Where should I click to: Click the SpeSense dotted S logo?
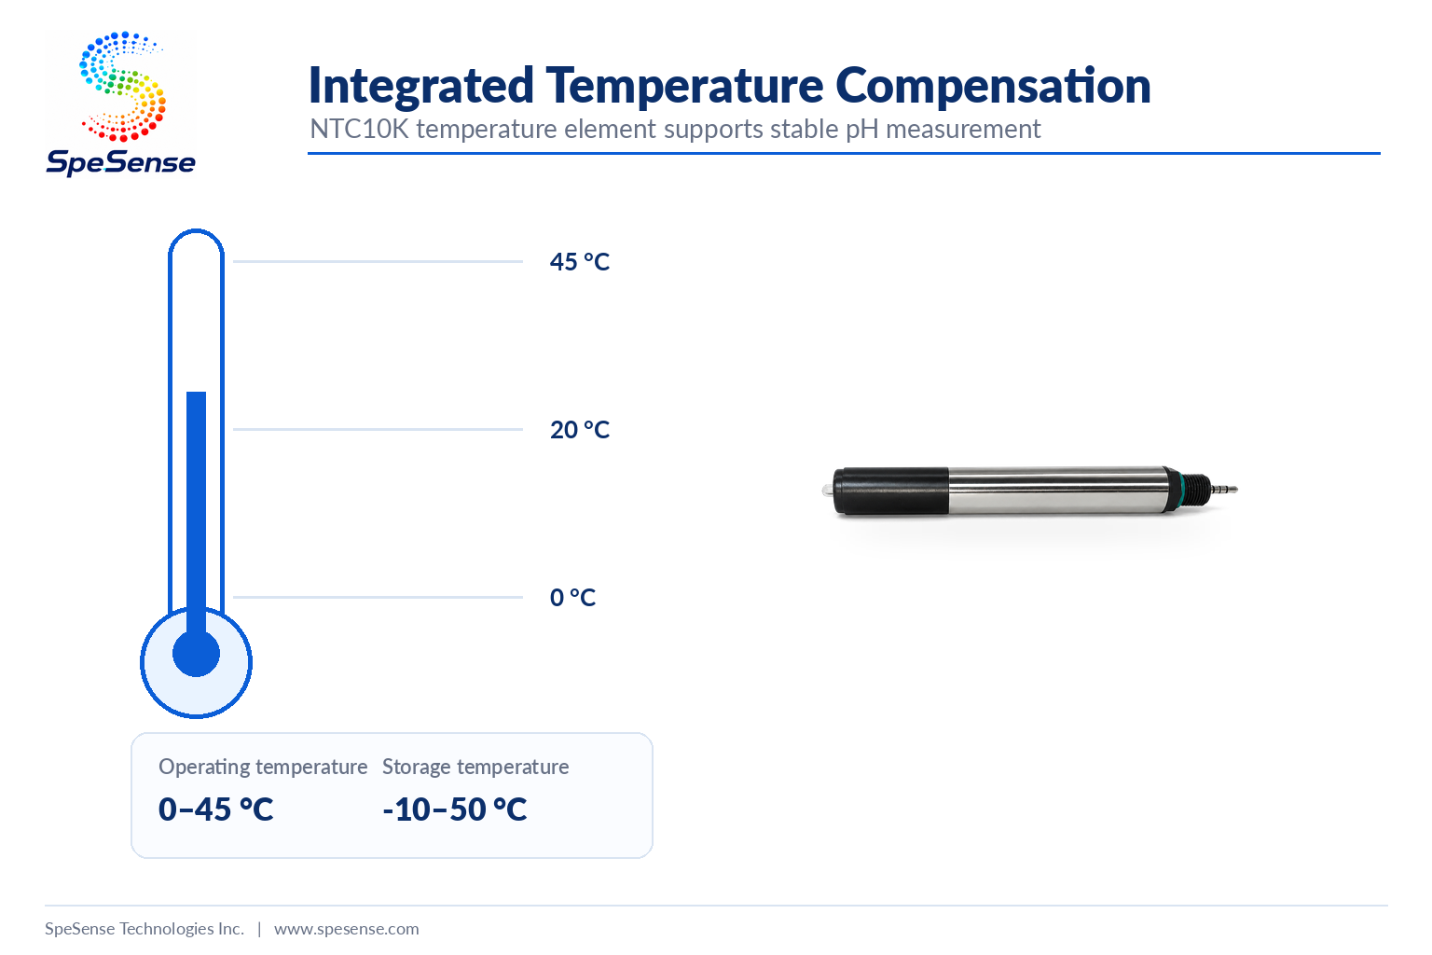[122, 87]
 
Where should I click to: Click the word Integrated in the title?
[420, 85]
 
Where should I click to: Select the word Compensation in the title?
[993, 86]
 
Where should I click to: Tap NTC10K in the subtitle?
[359, 130]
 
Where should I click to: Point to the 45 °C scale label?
[579, 262]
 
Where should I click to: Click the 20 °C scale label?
[579, 430]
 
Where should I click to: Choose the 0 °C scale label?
[572, 598]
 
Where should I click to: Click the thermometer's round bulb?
[197, 662]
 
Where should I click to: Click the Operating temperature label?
[263, 767]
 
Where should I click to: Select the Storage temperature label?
[475, 767]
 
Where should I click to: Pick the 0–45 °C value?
[215, 810]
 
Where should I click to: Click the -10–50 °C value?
[455, 810]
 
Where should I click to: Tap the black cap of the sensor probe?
[891, 491]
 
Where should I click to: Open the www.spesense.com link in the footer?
[347, 929]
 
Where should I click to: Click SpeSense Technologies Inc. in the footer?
[145, 929]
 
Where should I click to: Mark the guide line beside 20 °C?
[378, 429]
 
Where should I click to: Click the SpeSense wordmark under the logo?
[121, 162]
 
